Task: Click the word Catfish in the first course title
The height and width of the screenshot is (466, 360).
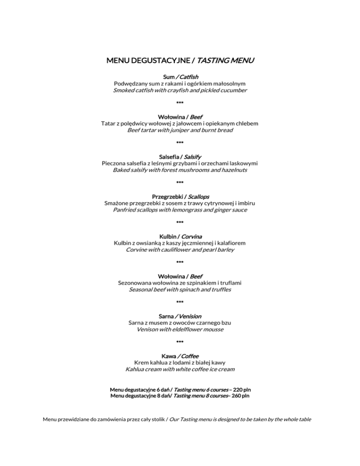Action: pyautogui.click(x=187, y=76)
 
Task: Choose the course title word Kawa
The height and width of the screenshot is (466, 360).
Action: pyautogui.click(x=168, y=356)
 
